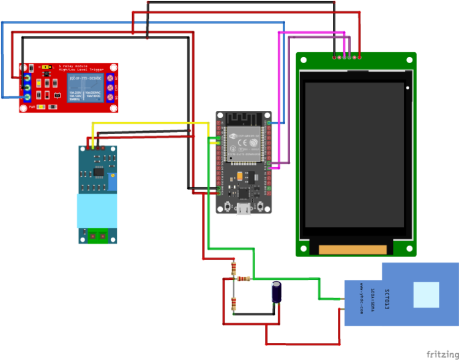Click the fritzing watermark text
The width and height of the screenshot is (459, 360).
[x=440, y=354]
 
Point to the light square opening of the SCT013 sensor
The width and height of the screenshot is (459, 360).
[x=426, y=295]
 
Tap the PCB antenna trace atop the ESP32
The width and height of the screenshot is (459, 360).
[x=244, y=118]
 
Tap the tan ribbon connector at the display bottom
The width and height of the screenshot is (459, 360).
[x=354, y=250]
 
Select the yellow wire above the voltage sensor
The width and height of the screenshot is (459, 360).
[x=141, y=123]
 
